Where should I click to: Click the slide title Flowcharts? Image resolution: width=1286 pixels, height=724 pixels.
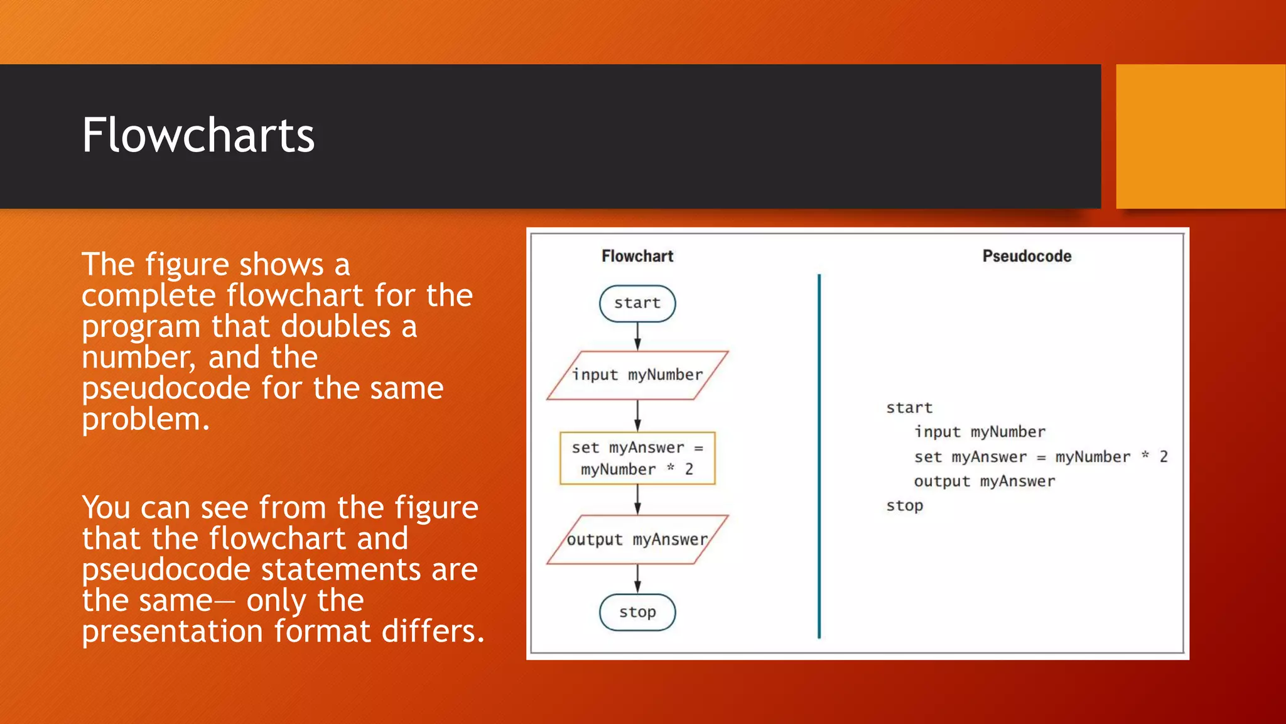point(198,135)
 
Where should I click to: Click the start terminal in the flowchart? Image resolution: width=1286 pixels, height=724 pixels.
point(637,304)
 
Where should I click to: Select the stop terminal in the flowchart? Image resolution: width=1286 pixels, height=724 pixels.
point(637,612)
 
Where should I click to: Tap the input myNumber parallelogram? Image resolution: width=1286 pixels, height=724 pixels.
point(637,375)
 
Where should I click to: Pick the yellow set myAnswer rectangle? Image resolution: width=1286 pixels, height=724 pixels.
point(637,458)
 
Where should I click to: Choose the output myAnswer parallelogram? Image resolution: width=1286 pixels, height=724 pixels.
point(637,540)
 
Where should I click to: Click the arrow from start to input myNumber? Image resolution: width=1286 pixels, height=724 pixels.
point(637,336)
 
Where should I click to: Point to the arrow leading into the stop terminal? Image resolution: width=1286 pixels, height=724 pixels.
point(637,579)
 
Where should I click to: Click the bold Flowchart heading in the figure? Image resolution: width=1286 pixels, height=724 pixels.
point(637,256)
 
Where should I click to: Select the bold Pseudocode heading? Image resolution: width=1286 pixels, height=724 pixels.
point(1027,256)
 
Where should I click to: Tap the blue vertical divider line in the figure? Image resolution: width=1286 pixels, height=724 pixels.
point(819,456)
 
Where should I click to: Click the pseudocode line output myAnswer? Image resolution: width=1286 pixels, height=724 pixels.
point(984,481)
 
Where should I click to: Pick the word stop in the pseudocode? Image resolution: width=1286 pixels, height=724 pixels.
point(904,506)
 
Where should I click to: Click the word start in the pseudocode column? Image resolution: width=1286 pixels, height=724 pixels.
point(909,408)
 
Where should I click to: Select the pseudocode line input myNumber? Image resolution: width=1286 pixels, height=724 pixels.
point(980,432)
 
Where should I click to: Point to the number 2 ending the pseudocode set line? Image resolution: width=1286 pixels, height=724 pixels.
point(1163,457)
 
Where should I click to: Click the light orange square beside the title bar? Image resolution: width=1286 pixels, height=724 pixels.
point(1201,136)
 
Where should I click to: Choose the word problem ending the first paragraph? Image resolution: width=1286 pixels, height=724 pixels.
point(144,420)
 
